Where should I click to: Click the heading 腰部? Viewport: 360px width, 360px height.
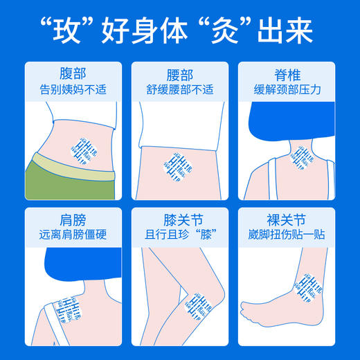tap(180, 73)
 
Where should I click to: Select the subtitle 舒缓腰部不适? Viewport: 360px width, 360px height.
tap(180, 89)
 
